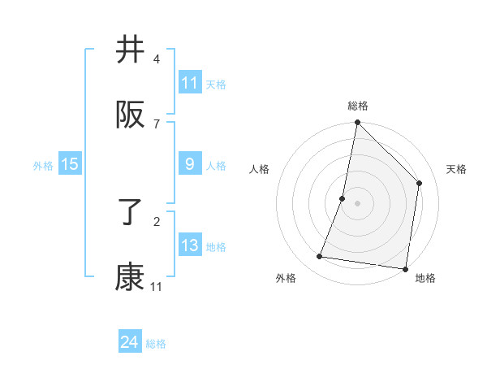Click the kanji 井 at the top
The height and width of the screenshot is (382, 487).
coord(131,50)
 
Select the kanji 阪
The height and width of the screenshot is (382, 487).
coord(131,115)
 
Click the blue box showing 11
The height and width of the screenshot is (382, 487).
coord(190,83)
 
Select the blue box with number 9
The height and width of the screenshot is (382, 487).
coord(190,164)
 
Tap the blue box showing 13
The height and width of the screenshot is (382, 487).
coord(190,245)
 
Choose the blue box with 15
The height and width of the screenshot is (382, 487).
coord(70,164)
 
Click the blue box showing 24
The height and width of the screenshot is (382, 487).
coord(130,342)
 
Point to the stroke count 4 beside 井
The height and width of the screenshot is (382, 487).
coord(157,59)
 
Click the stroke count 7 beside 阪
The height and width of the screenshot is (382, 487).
coord(157,124)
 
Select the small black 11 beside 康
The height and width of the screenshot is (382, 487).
coord(157,286)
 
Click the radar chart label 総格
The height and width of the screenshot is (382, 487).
coord(358,106)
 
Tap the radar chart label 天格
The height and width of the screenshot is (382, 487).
coord(456,169)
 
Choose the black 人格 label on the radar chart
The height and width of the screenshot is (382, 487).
coord(259,169)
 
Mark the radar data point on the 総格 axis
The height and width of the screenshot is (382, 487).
coord(357,123)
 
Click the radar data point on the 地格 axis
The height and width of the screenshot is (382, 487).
coord(405,267)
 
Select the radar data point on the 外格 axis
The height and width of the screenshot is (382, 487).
coord(320,257)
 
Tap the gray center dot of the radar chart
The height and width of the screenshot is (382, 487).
coord(357,202)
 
